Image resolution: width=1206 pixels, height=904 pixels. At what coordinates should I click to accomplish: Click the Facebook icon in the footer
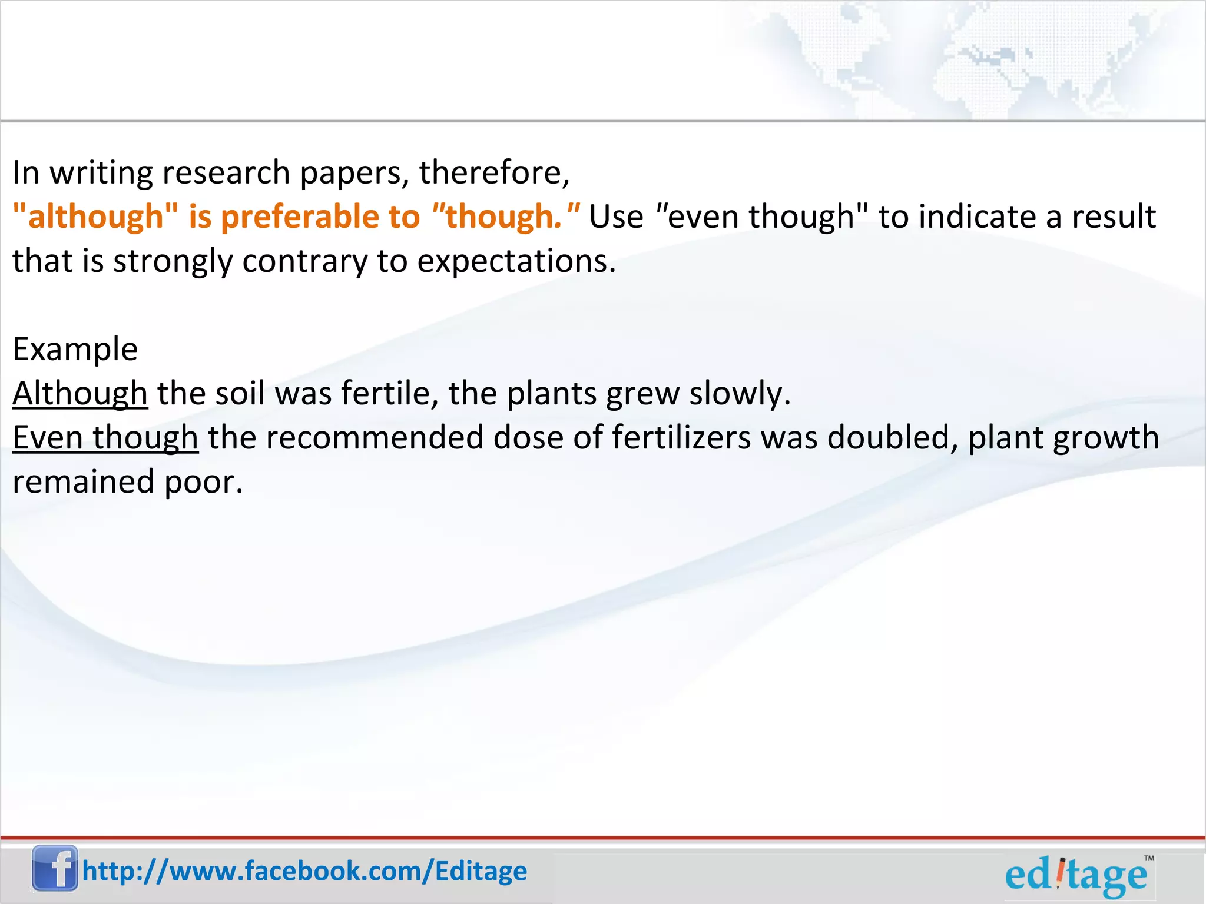55,868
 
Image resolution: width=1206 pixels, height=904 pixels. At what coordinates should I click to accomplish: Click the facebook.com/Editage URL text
304,871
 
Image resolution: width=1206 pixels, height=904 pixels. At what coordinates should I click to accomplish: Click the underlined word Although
80,393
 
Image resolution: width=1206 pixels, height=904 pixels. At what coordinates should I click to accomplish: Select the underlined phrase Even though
105,438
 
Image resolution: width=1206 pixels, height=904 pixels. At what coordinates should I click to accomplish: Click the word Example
75,349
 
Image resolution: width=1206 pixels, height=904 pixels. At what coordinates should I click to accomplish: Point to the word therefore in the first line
493,172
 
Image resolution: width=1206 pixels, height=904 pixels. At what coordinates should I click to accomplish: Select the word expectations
516,261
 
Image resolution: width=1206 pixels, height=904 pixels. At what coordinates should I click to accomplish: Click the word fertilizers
681,438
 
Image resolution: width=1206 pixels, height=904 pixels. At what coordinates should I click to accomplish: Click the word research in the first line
226,172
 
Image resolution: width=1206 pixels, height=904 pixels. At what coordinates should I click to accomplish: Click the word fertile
389,393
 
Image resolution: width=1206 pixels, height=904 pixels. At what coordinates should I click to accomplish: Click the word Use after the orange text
616,217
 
